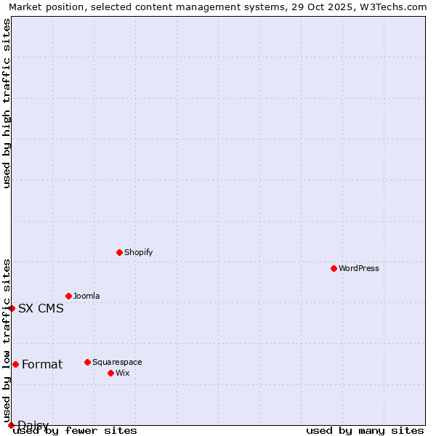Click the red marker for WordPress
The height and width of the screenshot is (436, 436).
click(334, 268)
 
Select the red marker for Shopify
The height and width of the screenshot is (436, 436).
click(119, 252)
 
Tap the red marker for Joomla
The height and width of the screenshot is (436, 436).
click(68, 296)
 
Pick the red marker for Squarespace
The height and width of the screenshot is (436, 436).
click(87, 362)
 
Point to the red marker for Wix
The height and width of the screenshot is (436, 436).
click(110, 373)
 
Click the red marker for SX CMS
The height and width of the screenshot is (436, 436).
click(12, 308)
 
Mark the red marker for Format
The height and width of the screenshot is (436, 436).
click(15, 364)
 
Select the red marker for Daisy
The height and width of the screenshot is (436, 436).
click(11, 425)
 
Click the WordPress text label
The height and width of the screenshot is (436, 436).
click(358, 268)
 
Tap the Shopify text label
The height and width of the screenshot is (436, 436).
click(138, 252)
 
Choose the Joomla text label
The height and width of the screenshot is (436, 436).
click(86, 296)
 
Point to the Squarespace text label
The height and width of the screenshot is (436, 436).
click(117, 362)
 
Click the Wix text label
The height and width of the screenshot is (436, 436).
click(122, 373)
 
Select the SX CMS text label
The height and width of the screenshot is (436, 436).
click(41, 308)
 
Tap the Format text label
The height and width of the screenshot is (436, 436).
click(42, 364)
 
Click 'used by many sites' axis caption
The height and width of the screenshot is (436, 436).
click(365, 430)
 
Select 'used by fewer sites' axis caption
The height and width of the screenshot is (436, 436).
click(75, 430)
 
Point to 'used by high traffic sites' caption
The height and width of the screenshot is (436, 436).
click(7, 103)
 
